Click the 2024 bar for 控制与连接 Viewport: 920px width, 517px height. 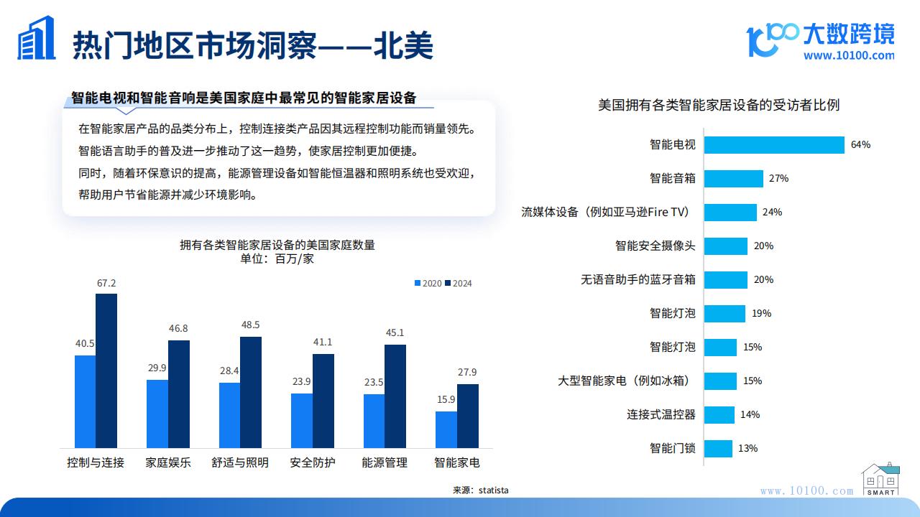coord(106,371)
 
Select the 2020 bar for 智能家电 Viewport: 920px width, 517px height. coord(446,429)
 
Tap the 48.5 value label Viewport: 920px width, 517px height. coord(251,325)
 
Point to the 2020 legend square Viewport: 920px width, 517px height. coord(418,283)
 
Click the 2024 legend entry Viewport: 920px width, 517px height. coord(459,283)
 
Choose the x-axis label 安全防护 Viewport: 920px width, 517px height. coord(313,462)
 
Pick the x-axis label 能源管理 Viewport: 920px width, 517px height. coord(385,462)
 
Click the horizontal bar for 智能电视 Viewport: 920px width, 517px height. coord(774,145)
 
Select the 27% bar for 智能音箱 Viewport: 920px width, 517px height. coord(734,179)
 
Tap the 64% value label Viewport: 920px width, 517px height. coord(860,144)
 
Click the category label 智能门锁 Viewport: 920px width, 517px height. coord(672,448)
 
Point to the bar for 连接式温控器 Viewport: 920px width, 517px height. coord(719,415)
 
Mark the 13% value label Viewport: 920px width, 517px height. coord(747,448)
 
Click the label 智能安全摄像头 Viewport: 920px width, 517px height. coord(655,246)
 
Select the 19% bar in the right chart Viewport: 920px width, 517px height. coord(724,314)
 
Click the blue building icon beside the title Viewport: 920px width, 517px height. coord(36,38)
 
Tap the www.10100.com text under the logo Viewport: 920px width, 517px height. coord(849,55)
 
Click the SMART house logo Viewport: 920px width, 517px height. coord(880,479)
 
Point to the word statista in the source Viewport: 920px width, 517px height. coord(493,490)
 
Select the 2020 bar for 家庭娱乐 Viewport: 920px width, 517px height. coord(157,414)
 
